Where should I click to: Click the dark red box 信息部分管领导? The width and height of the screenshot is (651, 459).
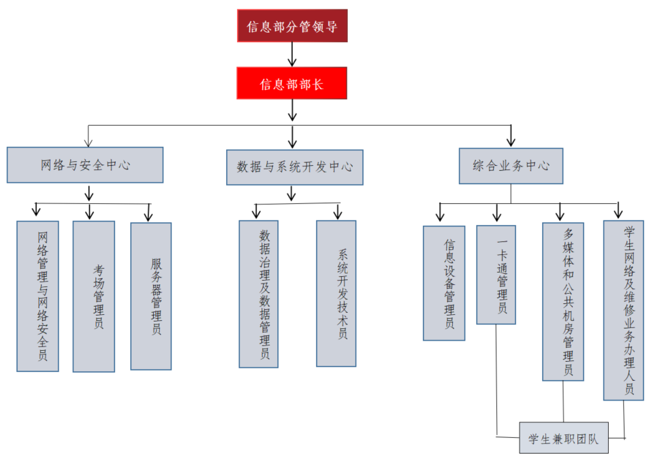click(x=292, y=26)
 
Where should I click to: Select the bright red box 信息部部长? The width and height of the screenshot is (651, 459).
click(x=292, y=84)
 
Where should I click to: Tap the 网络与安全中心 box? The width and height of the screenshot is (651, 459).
click(x=85, y=165)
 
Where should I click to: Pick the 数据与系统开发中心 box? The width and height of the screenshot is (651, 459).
click(x=294, y=167)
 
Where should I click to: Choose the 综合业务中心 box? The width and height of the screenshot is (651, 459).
click(x=511, y=166)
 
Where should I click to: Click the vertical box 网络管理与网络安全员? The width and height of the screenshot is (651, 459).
click(x=38, y=296)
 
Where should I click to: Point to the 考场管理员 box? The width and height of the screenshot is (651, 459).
click(x=94, y=296)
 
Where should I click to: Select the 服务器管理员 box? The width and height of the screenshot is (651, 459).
click(x=151, y=296)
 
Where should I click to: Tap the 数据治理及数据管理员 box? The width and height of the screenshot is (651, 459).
click(x=259, y=294)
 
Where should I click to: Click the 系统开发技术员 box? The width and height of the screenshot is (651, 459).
click(x=336, y=293)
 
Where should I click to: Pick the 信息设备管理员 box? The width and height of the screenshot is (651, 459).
click(x=444, y=283)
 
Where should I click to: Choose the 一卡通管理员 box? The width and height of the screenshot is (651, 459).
click(x=496, y=275)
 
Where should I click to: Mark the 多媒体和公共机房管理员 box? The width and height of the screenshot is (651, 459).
click(x=563, y=301)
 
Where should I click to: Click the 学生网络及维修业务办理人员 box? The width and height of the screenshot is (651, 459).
click(x=623, y=310)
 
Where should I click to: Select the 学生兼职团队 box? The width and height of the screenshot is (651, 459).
click(x=563, y=439)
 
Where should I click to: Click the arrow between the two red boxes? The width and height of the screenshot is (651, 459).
click(x=292, y=54)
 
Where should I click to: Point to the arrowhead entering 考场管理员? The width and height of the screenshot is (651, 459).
click(x=89, y=214)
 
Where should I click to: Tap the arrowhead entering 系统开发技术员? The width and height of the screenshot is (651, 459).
click(x=337, y=214)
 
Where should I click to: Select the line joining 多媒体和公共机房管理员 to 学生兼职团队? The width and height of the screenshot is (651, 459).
click(x=563, y=401)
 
